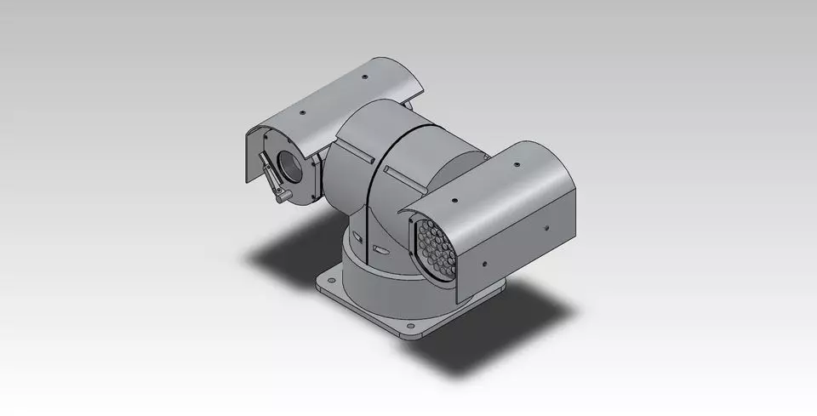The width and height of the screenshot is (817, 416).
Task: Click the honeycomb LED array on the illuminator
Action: (433, 249)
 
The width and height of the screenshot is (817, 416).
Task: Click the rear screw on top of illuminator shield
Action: (519, 168)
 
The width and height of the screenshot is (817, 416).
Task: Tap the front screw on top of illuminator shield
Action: (454, 202)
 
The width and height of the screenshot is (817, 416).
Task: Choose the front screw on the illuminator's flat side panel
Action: (483, 263)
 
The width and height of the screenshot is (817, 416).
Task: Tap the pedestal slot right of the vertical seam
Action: (379, 251)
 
